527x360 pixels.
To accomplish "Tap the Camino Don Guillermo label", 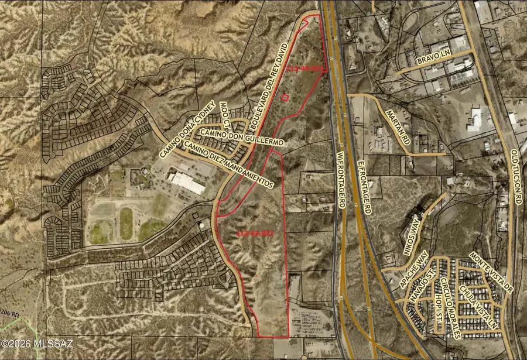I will point(241,138).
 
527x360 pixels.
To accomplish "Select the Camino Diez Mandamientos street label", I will point(228,165).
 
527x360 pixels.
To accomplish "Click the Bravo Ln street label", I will point(433,61).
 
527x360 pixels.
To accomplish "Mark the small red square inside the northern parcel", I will point(285,98).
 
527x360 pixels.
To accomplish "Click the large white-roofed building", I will point(186,182).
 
